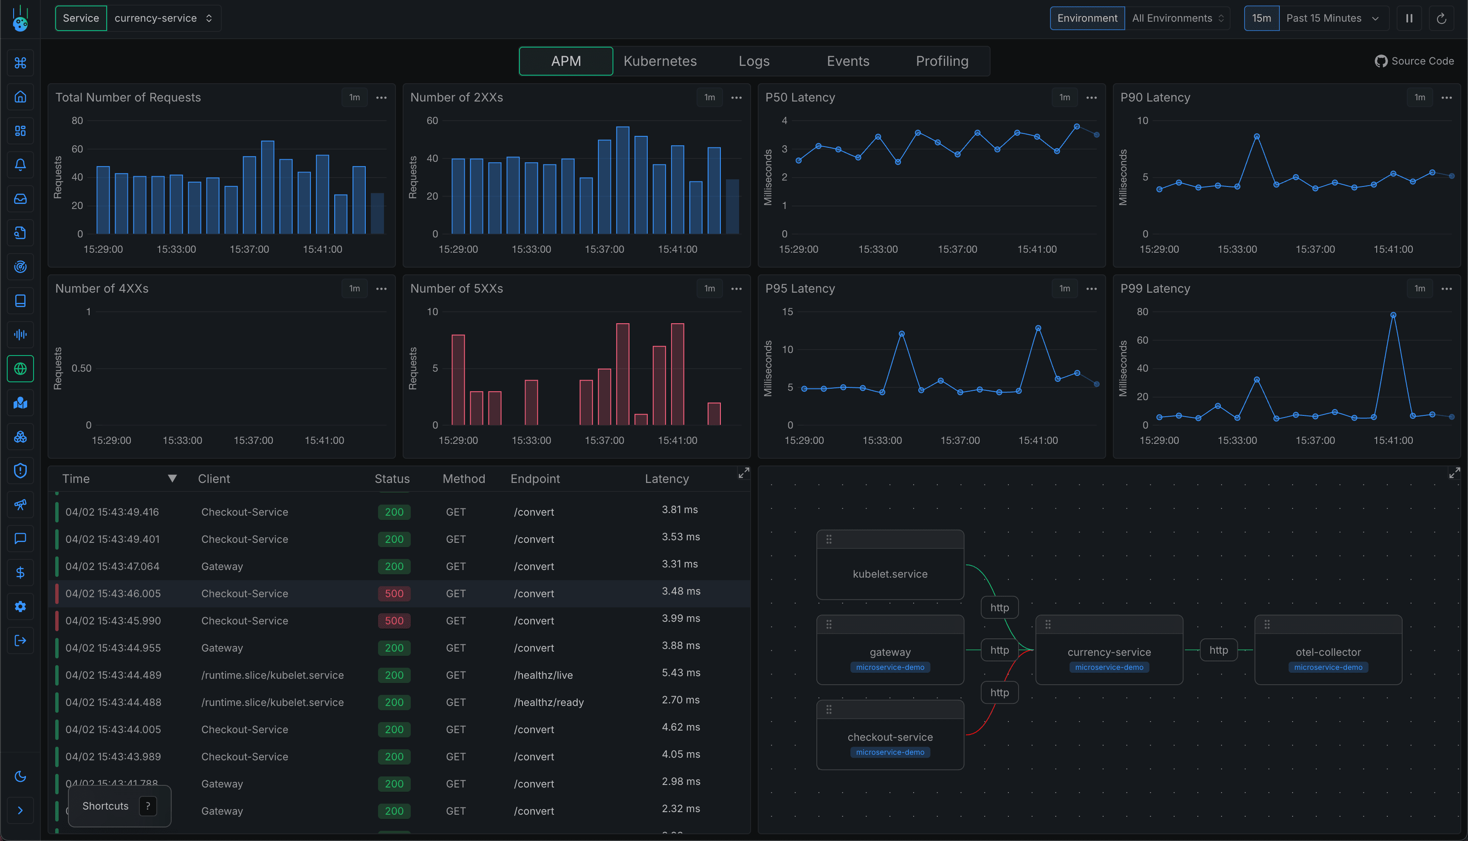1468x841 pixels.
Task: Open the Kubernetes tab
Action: pyautogui.click(x=660, y=61)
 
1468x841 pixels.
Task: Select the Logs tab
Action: pyautogui.click(x=754, y=61)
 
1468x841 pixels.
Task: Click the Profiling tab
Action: pyautogui.click(x=942, y=61)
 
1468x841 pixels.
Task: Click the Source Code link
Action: pyautogui.click(x=1414, y=61)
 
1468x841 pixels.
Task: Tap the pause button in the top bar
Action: pyautogui.click(x=1409, y=19)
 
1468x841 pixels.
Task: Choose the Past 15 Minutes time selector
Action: pyautogui.click(x=1332, y=19)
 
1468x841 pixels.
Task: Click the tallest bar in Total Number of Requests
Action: pyautogui.click(x=267, y=187)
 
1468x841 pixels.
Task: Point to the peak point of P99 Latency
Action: pyautogui.click(x=1393, y=315)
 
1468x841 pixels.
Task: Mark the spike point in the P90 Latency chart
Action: pyautogui.click(x=1256, y=137)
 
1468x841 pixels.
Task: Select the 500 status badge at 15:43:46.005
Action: pyautogui.click(x=394, y=593)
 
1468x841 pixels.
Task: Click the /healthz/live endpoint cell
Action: pyautogui.click(x=543, y=675)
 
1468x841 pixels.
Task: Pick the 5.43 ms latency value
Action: pyautogui.click(x=681, y=673)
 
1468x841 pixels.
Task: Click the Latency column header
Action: pyautogui.click(x=666, y=479)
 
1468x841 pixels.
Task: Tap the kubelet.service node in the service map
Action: pyautogui.click(x=890, y=573)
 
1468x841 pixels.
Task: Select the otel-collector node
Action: pyautogui.click(x=1328, y=652)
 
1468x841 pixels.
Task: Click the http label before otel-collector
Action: pyautogui.click(x=1219, y=650)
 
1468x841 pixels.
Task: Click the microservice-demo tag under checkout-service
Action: pyautogui.click(x=890, y=752)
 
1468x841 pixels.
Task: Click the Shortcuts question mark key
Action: pyautogui.click(x=148, y=806)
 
